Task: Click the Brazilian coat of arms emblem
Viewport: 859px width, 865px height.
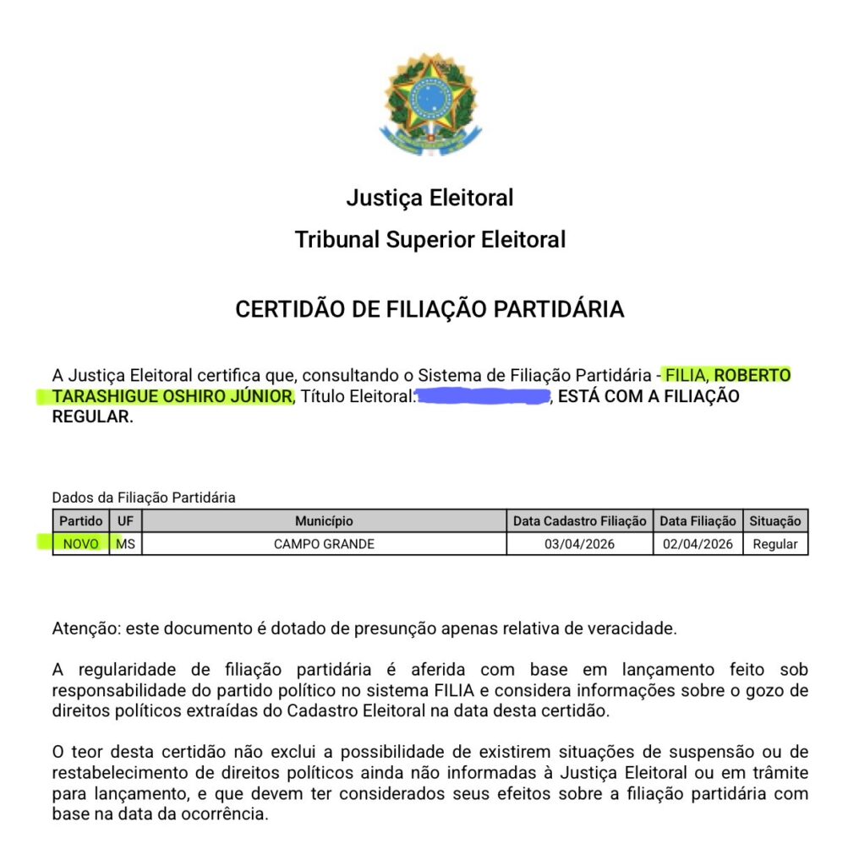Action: coord(429,103)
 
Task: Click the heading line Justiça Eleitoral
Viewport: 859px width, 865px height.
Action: coord(429,199)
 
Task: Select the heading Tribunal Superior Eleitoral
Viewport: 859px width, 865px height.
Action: coord(429,240)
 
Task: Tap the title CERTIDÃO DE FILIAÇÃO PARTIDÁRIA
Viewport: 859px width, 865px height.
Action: coord(429,310)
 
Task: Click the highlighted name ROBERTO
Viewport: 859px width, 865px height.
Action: coord(753,374)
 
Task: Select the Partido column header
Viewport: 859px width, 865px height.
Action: coord(81,521)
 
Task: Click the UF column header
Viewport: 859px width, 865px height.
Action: coord(125,521)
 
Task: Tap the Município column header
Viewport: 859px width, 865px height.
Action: coord(324,521)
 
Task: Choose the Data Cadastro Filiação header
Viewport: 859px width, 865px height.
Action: coord(579,521)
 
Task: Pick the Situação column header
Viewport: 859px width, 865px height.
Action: coord(775,521)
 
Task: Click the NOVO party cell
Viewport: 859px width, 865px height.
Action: coord(81,544)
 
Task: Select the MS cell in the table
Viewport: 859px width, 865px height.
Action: coord(126,544)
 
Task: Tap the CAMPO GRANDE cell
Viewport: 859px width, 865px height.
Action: coord(324,544)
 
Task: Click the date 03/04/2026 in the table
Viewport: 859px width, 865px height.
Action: coord(579,544)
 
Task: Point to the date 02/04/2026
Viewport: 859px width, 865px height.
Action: coord(698,544)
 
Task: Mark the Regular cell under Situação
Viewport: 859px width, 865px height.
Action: coord(775,544)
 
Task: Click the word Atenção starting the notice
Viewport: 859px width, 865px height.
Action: coord(81,628)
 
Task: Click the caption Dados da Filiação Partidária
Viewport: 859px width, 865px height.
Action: coord(144,498)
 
